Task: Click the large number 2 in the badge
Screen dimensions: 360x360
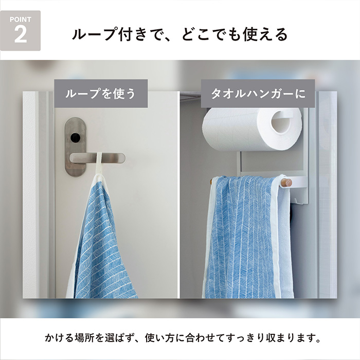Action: click(20, 35)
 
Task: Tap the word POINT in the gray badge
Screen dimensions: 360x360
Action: click(20, 20)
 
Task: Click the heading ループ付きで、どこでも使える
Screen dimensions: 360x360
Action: click(179, 34)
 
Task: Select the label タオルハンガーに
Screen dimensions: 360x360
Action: click(258, 94)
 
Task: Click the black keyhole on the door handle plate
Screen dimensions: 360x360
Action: click(76, 137)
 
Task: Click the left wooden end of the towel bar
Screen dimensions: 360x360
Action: click(211, 181)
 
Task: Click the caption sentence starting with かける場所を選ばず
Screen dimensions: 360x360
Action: click(179, 339)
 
